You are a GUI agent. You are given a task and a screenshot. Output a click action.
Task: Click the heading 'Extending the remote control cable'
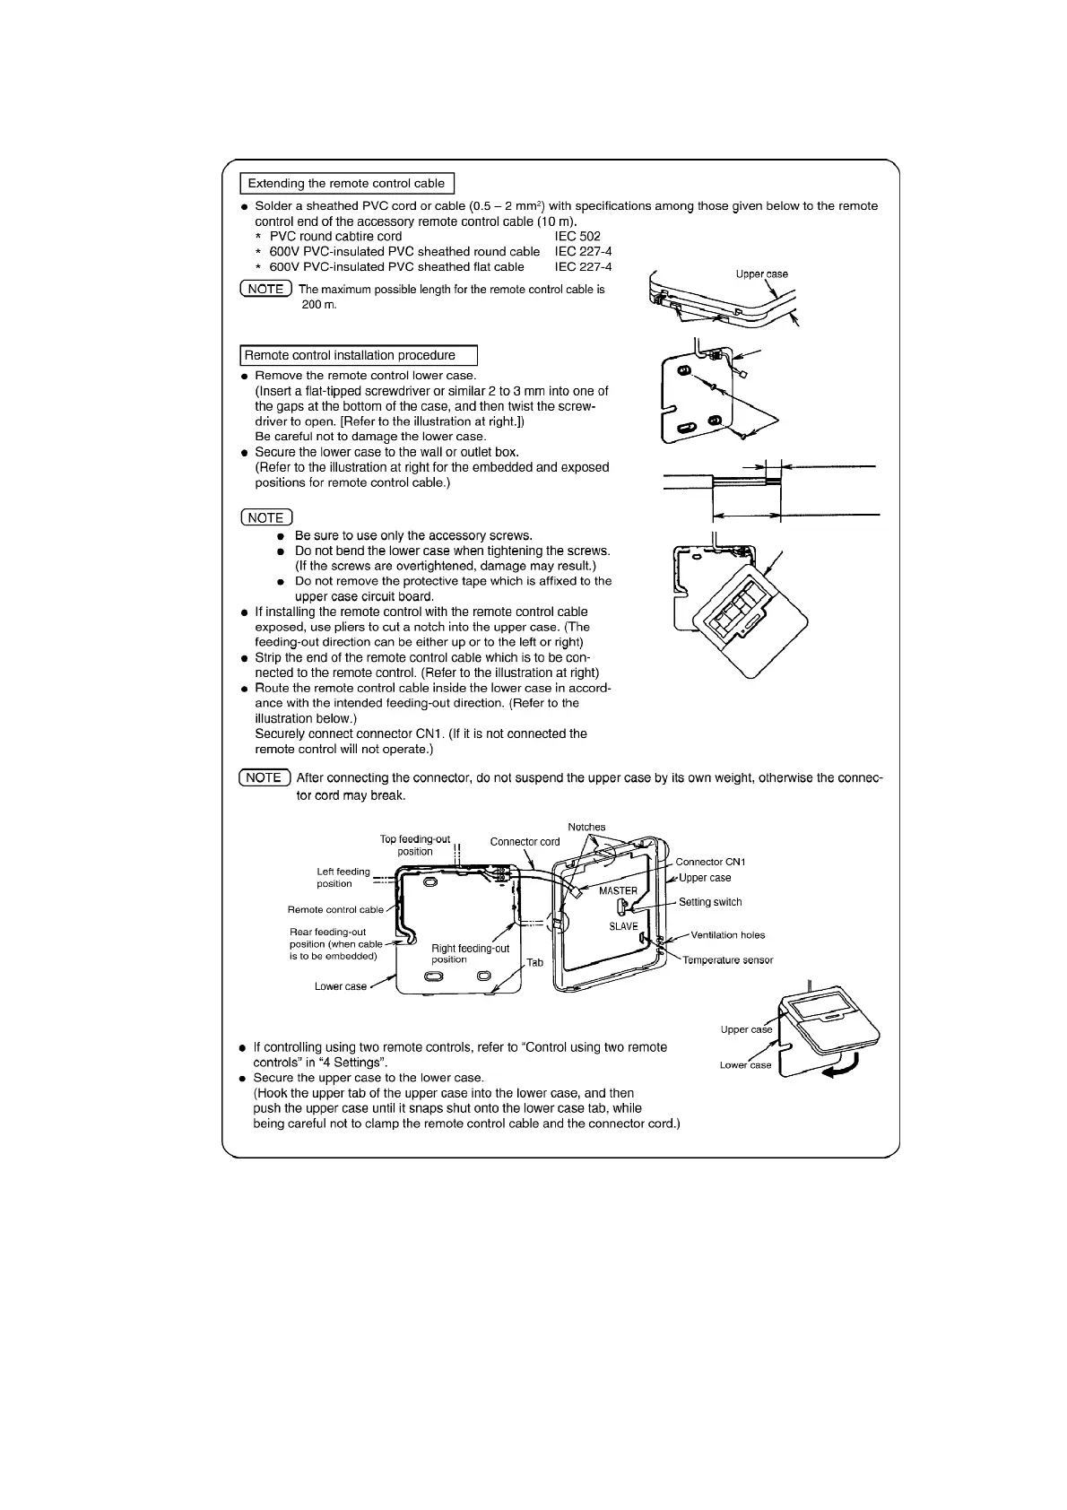click(346, 184)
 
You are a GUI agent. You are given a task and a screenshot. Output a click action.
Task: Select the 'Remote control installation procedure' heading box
click(358, 356)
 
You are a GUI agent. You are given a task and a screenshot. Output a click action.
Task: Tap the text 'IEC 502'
click(577, 237)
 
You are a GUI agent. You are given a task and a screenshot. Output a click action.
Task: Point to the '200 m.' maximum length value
click(319, 305)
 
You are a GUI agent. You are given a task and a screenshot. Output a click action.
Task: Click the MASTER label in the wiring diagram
click(618, 891)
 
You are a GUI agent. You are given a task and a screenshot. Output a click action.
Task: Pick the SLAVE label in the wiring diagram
click(623, 926)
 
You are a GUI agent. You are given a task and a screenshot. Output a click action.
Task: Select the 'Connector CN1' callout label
click(710, 862)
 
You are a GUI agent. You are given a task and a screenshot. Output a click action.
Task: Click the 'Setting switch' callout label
click(710, 902)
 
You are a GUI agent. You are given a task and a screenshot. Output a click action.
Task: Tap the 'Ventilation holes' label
click(727, 935)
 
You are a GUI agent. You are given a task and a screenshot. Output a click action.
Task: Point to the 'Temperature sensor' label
click(727, 960)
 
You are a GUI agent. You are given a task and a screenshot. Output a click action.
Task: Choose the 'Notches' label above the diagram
click(586, 827)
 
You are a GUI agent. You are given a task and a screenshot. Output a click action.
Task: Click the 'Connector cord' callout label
click(525, 841)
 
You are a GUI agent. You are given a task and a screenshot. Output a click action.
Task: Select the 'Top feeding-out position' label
click(415, 846)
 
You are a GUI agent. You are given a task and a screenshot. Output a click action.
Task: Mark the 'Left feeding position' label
click(343, 877)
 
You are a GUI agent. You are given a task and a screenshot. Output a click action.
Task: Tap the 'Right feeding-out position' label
click(470, 953)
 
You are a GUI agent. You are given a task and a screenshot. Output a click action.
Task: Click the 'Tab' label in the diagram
click(534, 962)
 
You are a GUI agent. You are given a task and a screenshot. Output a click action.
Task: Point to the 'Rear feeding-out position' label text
click(333, 943)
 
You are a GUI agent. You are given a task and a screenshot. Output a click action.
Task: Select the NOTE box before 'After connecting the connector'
click(265, 777)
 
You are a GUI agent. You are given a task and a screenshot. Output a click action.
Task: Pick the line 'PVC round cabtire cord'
click(335, 237)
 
